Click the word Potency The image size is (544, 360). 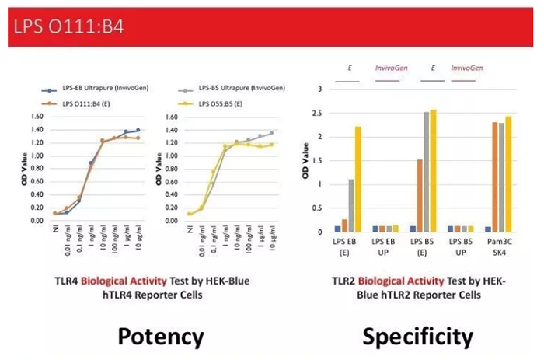(161, 335)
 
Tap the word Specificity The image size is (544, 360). (417, 335)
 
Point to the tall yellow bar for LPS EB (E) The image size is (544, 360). (358, 179)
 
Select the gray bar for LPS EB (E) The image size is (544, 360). (350, 205)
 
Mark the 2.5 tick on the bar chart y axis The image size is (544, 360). (316, 113)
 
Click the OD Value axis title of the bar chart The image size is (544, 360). (305, 160)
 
